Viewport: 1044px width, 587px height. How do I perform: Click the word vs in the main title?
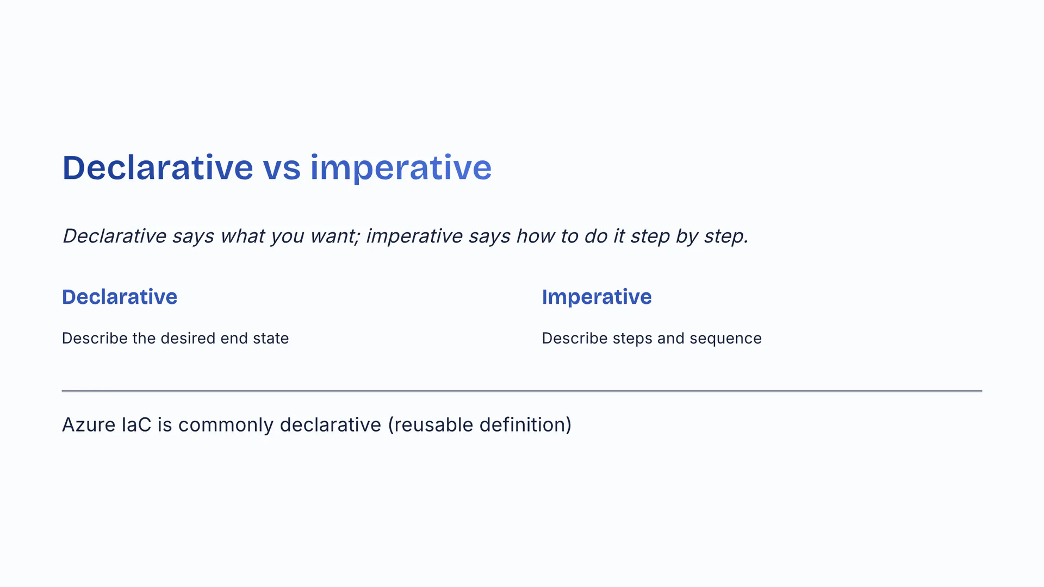point(282,167)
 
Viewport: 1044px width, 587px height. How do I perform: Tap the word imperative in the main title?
point(401,167)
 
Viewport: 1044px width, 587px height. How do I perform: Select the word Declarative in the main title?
point(158,167)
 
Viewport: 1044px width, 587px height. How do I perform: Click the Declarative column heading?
point(120,297)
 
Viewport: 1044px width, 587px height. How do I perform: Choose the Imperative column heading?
point(596,297)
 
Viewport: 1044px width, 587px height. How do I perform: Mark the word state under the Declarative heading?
point(271,338)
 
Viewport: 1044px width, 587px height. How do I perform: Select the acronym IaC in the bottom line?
point(136,425)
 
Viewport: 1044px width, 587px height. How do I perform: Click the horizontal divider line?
point(522,391)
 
